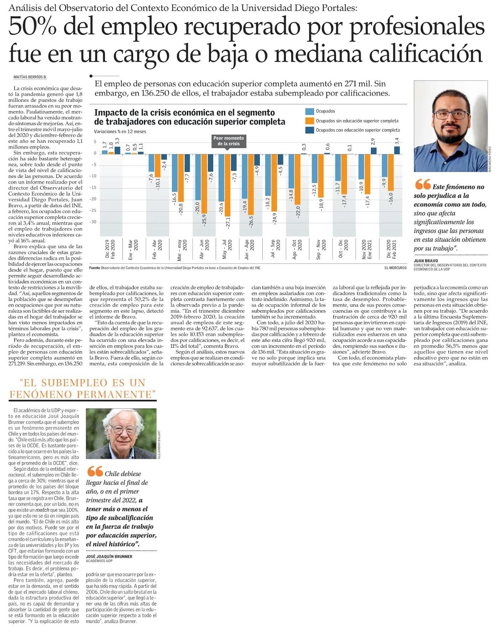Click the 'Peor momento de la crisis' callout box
point(229,141)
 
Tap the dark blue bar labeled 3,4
point(397,150)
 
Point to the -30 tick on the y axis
point(94,222)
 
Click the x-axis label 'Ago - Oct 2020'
point(297,249)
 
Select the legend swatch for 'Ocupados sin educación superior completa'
point(309,121)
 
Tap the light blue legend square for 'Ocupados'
point(309,111)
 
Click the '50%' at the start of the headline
point(32,27)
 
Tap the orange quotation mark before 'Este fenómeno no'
point(422,185)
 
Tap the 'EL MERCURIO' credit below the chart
point(395,268)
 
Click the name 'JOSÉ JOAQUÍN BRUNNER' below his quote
point(109,556)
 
